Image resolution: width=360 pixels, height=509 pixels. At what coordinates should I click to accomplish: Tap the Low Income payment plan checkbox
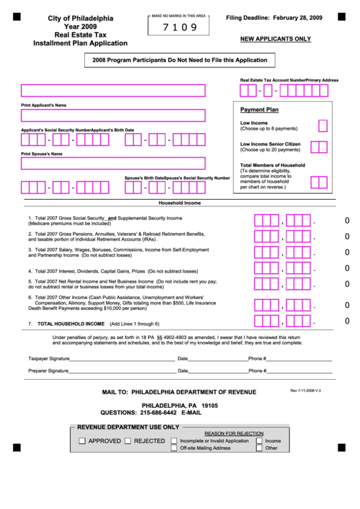(323, 125)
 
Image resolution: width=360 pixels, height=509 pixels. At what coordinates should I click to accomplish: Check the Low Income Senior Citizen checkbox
(319, 147)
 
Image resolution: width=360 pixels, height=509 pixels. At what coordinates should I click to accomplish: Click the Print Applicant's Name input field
(113, 91)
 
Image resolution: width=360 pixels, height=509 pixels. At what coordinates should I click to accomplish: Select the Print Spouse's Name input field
(113, 163)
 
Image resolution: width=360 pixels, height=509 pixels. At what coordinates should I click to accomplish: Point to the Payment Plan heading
(259, 109)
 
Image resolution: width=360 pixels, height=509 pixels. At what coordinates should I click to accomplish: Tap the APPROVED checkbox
(82, 441)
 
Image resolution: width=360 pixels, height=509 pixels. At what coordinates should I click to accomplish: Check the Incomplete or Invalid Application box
(175, 440)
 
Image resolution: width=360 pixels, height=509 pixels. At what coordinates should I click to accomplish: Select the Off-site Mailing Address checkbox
(175, 449)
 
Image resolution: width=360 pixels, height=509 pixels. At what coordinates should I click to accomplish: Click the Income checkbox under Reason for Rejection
(259, 440)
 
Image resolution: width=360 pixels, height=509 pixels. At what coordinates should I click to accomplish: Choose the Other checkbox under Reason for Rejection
(259, 449)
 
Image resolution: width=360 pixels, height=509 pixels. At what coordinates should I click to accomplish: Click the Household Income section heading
(179, 203)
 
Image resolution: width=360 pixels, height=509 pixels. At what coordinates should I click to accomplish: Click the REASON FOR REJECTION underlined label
(234, 433)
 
